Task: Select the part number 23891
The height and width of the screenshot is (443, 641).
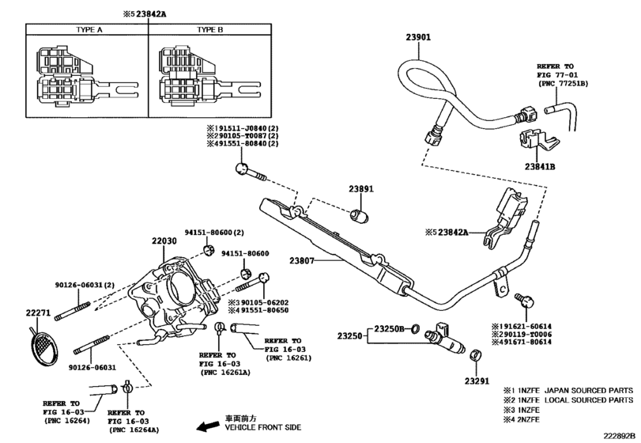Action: [x=361, y=189]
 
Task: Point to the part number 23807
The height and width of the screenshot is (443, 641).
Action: [x=302, y=260]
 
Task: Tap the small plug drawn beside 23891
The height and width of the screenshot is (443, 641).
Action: [x=360, y=216]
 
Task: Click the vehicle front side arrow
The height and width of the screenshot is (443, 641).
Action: [x=207, y=427]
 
